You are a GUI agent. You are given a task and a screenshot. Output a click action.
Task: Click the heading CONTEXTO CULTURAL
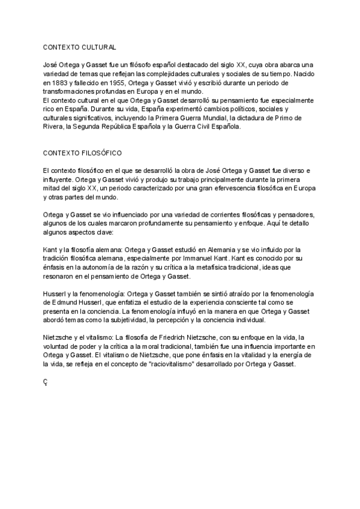click(79, 47)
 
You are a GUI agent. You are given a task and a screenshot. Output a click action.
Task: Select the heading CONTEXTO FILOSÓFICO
click(82, 153)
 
